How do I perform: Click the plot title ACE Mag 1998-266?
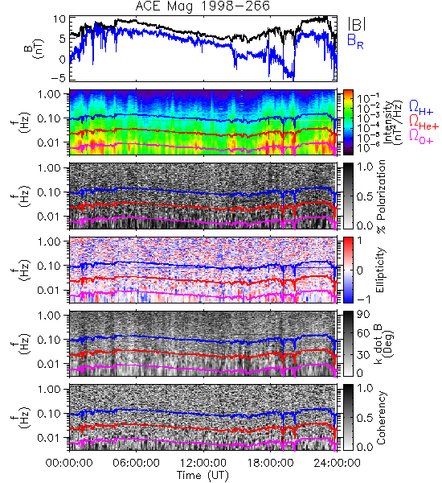(203, 6)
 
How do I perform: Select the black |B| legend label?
(357, 23)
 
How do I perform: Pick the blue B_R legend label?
(355, 41)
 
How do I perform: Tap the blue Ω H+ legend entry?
(421, 108)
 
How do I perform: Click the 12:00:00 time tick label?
(203, 463)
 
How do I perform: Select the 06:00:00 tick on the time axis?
(136, 463)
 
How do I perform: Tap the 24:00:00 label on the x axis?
(337, 463)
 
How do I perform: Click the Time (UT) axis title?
(203, 475)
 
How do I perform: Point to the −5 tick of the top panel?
(58, 77)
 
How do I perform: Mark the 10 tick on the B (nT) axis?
(59, 19)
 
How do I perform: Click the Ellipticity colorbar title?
(380, 270)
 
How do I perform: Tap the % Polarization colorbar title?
(381, 196)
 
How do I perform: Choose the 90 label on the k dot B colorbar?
(363, 315)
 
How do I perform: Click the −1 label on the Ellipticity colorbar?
(363, 299)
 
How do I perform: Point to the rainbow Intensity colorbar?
(348, 122)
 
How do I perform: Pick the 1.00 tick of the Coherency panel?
(51, 389)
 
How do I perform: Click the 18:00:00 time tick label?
(270, 463)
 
